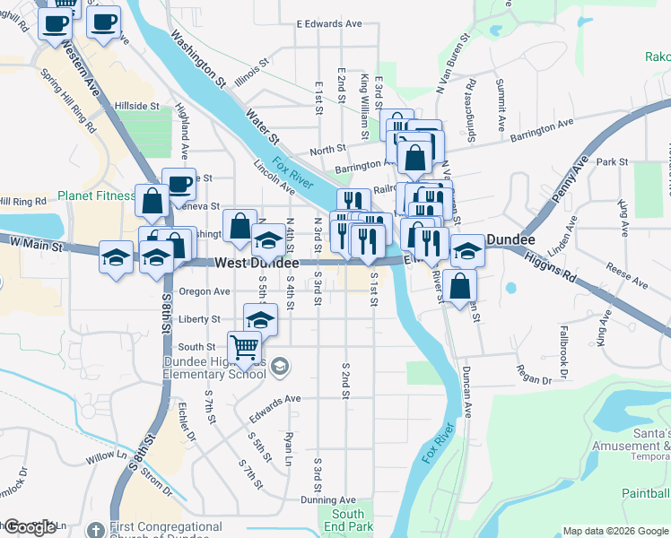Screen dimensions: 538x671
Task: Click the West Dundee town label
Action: coord(257,263)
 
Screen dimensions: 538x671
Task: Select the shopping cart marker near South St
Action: coord(245,346)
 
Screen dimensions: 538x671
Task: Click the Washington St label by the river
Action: coord(197,59)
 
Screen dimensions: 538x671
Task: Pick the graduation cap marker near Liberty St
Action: coord(261,318)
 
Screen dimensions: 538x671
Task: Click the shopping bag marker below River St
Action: coord(459,287)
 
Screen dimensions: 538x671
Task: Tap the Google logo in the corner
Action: coord(29,527)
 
